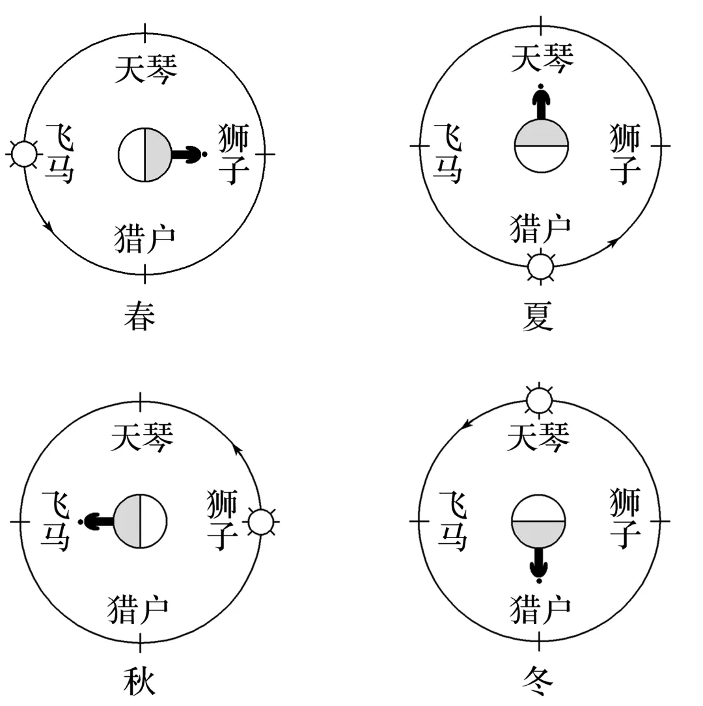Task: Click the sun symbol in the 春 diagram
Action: [x=23, y=154]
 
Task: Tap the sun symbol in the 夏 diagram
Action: [x=540, y=267]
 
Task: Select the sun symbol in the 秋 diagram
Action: [x=260, y=522]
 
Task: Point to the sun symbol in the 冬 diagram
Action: [x=539, y=400]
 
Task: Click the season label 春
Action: [x=140, y=317]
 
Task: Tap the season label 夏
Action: [x=538, y=317]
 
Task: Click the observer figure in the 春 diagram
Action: [x=188, y=155]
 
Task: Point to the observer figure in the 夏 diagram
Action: [x=541, y=103]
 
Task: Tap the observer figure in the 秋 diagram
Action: [x=96, y=521]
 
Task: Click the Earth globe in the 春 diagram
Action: [x=145, y=155]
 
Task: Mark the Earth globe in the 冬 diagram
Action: [x=539, y=521]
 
